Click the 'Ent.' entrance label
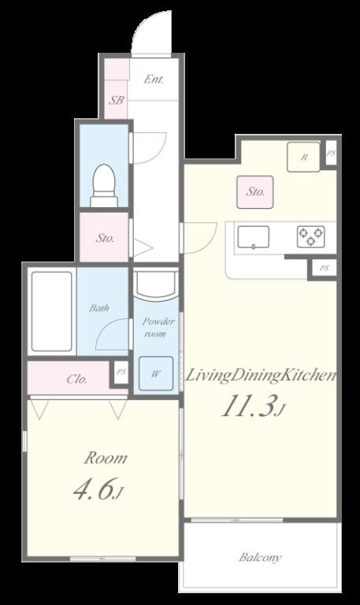pyautogui.click(x=153, y=79)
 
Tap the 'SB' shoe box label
pyautogui.click(x=116, y=101)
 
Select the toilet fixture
pyautogui.click(x=103, y=186)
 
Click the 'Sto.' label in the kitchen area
pyautogui.click(x=255, y=191)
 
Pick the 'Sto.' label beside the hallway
pyautogui.click(x=105, y=237)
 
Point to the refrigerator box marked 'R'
pyautogui.click(x=303, y=157)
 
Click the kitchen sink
pyautogui.click(x=253, y=236)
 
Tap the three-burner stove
pyautogui.click(x=310, y=236)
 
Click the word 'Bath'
pyautogui.click(x=99, y=308)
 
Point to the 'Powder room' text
pyautogui.click(x=158, y=328)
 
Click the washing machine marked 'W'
pyautogui.click(x=156, y=374)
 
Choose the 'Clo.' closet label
pyautogui.click(x=76, y=379)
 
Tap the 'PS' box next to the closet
pyautogui.click(x=121, y=372)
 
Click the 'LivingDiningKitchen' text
pyautogui.click(x=261, y=376)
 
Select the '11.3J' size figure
pyautogui.click(x=251, y=406)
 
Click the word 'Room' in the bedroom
pyautogui.click(x=106, y=458)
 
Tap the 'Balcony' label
pyautogui.click(x=260, y=558)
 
